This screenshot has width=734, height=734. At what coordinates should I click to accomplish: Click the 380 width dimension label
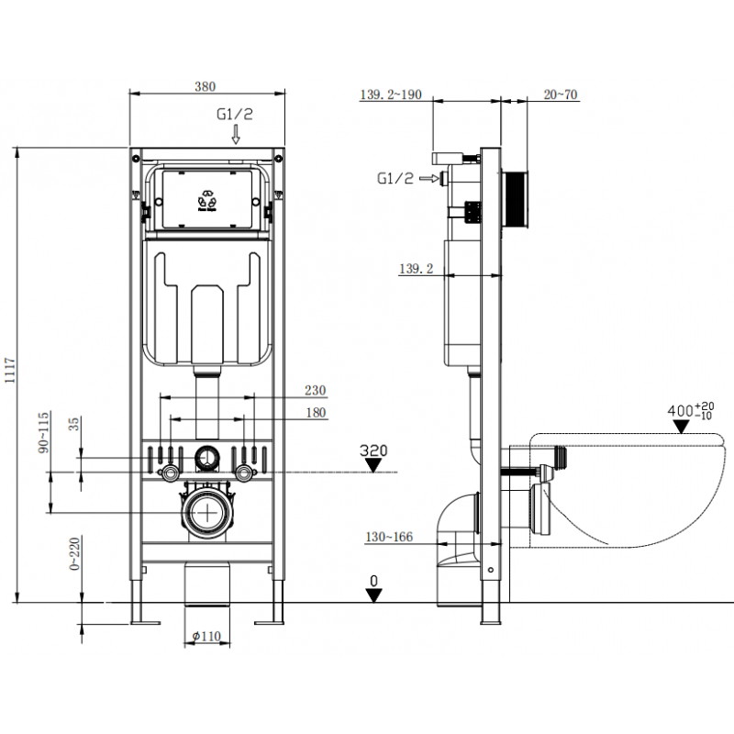[205, 86]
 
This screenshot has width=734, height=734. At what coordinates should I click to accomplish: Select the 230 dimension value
[315, 390]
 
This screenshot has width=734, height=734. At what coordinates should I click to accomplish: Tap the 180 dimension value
[315, 413]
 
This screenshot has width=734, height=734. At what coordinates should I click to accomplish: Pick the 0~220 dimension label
[74, 555]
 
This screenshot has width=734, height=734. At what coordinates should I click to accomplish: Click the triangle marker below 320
[373, 465]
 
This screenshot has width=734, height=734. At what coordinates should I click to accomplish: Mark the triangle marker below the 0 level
[373, 595]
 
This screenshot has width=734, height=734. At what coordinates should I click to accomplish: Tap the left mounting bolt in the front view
[169, 473]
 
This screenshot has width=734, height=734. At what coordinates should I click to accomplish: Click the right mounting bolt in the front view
[245, 473]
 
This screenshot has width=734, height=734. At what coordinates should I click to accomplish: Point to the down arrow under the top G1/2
[236, 135]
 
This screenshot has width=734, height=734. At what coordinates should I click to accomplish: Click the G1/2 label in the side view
[395, 178]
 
